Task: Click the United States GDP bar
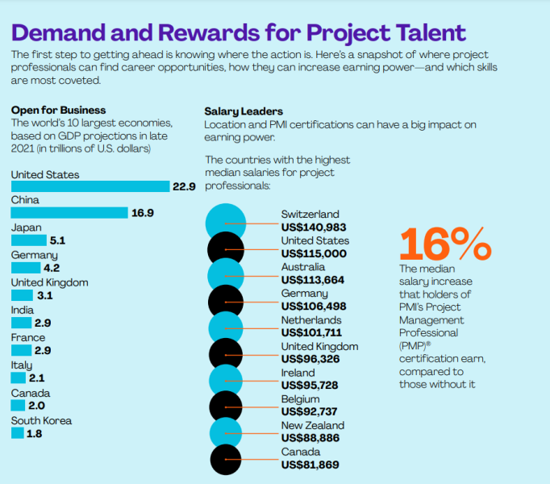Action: (x=90, y=186)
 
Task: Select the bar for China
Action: (x=69, y=213)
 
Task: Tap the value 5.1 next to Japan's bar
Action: (x=57, y=240)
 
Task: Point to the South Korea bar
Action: (x=17, y=433)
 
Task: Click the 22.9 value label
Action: (x=184, y=186)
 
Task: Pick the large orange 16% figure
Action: (x=445, y=243)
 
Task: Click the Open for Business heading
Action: (x=58, y=110)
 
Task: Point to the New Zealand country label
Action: (x=313, y=425)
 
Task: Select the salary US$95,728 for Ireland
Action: (x=310, y=386)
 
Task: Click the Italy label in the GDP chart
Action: (x=23, y=365)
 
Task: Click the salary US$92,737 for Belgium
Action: (x=310, y=411)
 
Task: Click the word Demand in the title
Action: (x=69, y=33)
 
